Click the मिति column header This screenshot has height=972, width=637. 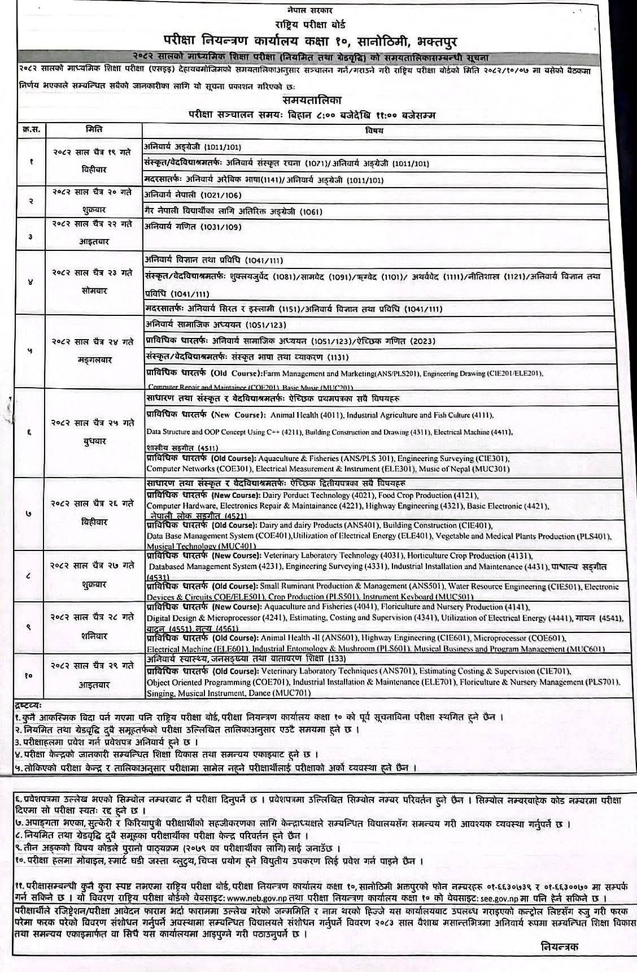click(94, 129)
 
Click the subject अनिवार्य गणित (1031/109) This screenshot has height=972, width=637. click(193, 227)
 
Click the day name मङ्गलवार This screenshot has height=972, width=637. click(94, 358)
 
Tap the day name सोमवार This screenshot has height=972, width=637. click(94, 290)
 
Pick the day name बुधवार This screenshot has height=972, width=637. click(94, 441)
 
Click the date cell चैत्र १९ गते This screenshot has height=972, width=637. click(94, 153)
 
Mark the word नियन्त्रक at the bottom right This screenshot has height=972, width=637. click(560, 946)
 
